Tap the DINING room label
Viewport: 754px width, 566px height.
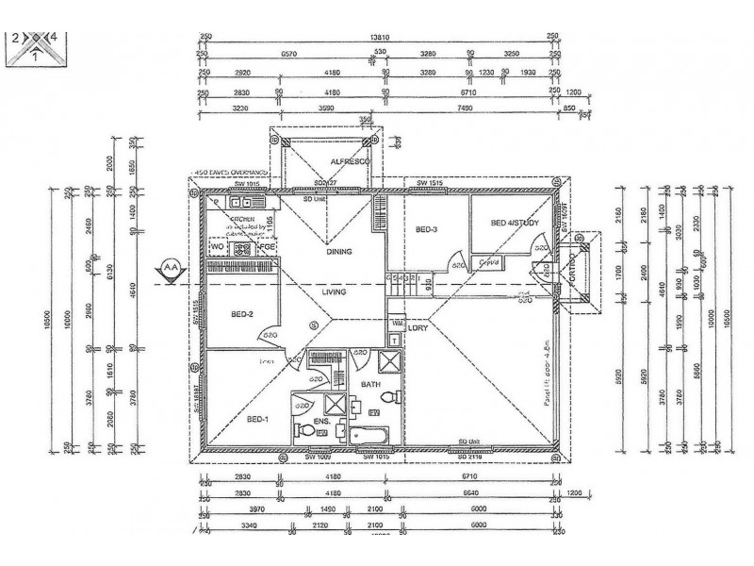(338, 252)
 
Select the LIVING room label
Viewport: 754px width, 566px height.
(333, 292)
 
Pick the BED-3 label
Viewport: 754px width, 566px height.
(426, 229)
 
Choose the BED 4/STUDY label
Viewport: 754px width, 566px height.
(515, 223)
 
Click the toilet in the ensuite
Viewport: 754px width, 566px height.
(305, 429)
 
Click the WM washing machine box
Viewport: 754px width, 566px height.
(397, 321)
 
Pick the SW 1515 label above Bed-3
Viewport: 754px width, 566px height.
(431, 182)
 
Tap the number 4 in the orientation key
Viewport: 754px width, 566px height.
(54, 38)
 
